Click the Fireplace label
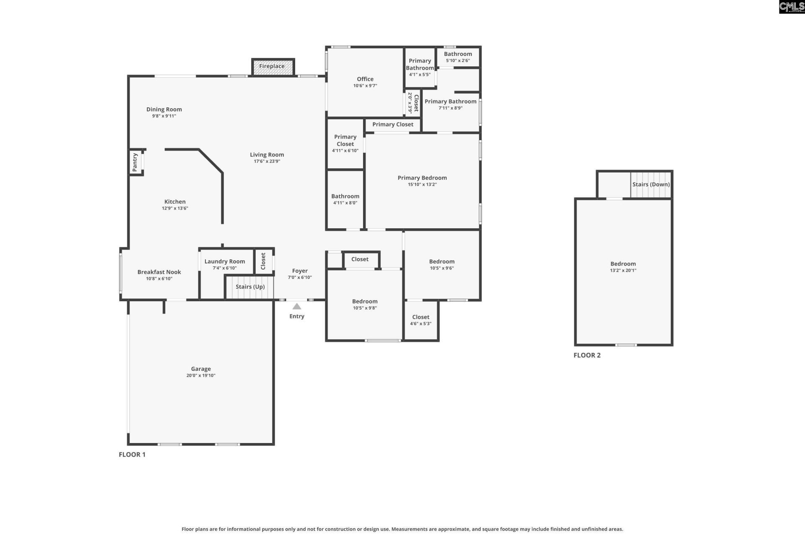coord(272,66)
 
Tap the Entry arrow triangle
coord(297,306)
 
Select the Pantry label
coord(135,162)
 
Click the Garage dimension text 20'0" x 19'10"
coord(201,375)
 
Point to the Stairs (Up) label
coord(250,287)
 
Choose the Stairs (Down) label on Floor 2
coord(651,185)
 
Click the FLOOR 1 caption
coord(132,454)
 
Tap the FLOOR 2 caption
coord(587,355)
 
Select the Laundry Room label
coord(225,261)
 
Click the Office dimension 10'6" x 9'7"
coord(365,86)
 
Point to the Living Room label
coord(267,155)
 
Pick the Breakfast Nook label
coord(159,272)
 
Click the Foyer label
coord(300,271)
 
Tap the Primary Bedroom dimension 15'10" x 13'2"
coord(422,184)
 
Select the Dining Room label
coord(164,109)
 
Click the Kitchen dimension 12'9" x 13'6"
coord(175,208)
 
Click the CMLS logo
coord(792,7)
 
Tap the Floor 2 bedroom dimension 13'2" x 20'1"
coord(623,270)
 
